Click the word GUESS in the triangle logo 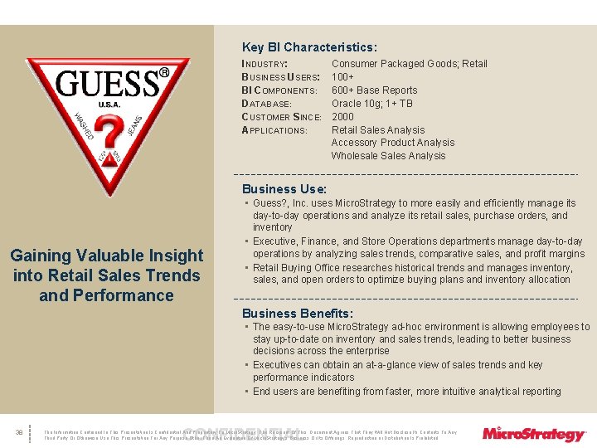pyautogui.click(x=107, y=85)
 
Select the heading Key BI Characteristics pyautogui.click(x=309, y=47)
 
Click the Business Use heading pyautogui.click(x=273, y=189)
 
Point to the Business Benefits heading pyautogui.click(x=297, y=313)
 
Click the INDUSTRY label pyautogui.click(x=265, y=64)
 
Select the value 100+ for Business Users pyautogui.click(x=343, y=77)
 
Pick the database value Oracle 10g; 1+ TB pyautogui.click(x=371, y=104)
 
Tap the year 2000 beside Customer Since pyautogui.click(x=343, y=117)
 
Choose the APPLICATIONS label pyautogui.click(x=274, y=130)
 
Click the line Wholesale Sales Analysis pyautogui.click(x=388, y=156)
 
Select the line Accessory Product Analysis pyautogui.click(x=393, y=143)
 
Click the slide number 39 pyautogui.click(x=18, y=432)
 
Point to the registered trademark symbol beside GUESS pyautogui.click(x=164, y=73)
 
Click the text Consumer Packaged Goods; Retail pyautogui.click(x=410, y=64)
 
